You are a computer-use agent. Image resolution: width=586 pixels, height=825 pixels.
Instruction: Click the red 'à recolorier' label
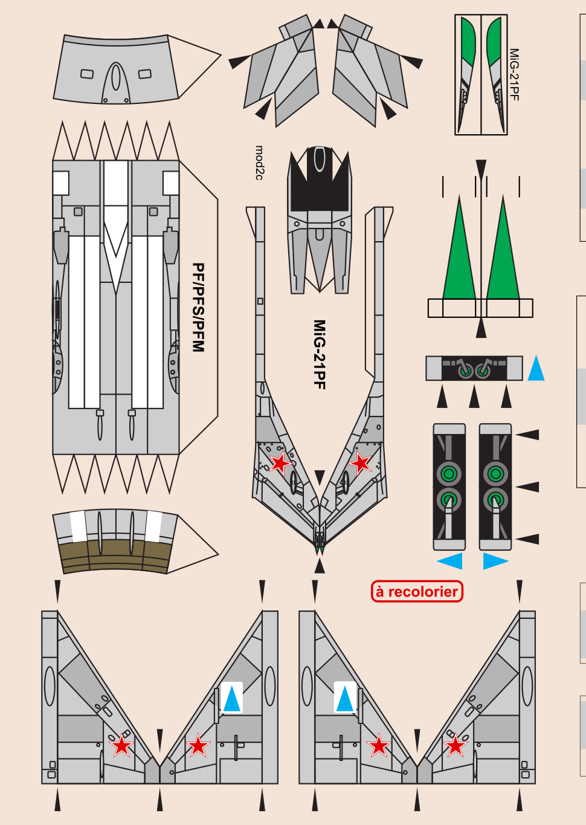(417, 591)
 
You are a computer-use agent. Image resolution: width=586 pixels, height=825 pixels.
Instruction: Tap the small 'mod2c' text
(259, 163)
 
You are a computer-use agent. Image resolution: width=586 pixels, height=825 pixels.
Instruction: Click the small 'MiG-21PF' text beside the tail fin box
(514, 74)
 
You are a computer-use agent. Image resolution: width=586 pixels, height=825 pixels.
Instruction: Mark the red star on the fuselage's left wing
(280, 464)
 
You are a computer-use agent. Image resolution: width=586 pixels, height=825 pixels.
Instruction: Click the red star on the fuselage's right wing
(361, 464)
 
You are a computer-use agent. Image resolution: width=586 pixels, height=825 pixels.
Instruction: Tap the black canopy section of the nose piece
(319, 181)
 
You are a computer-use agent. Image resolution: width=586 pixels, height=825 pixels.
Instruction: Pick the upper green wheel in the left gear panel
(448, 474)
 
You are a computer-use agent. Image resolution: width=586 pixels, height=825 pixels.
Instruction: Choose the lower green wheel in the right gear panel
(495, 500)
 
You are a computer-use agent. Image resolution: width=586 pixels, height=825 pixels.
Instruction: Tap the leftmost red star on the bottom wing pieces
(122, 746)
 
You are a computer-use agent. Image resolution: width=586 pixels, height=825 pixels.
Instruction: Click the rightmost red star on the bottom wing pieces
(456, 746)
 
